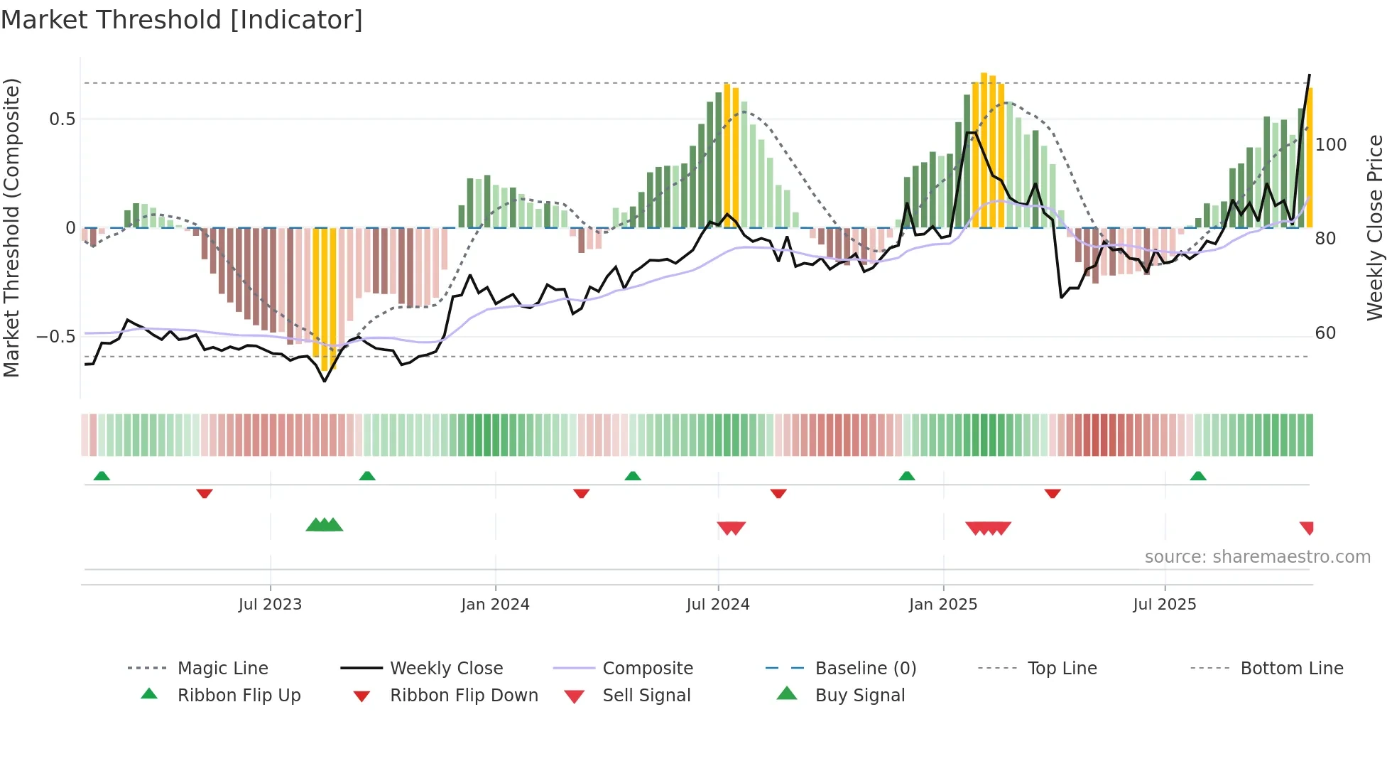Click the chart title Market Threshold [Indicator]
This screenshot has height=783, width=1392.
pyautogui.click(x=182, y=20)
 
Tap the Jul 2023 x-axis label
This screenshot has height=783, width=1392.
pyautogui.click(x=270, y=605)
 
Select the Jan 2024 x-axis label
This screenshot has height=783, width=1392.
pyautogui.click(x=495, y=605)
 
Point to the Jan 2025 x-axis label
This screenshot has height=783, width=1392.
pyautogui.click(x=943, y=605)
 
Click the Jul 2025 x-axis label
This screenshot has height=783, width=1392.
pyautogui.click(x=1165, y=605)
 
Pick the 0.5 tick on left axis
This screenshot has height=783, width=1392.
pyautogui.click(x=62, y=119)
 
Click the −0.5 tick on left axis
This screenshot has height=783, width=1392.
pyautogui.click(x=56, y=337)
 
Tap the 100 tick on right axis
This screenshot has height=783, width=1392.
pyautogui.click(x=1330, y=145)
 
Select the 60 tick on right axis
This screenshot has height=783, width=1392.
pyautogui.click(x=1325, y=333)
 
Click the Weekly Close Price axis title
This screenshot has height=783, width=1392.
pyautogui.click(x=1375, y=227)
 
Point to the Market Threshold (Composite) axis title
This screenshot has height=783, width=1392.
pyautogui.click(x=11, y=227)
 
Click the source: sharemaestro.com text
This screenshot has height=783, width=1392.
pyautogui.click(x=1257, y=557)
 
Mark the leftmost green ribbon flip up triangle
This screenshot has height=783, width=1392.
pyautogui.click(x=102, y=476)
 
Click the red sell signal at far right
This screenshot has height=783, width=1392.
pyautogui.click(x=1307, y=527)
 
